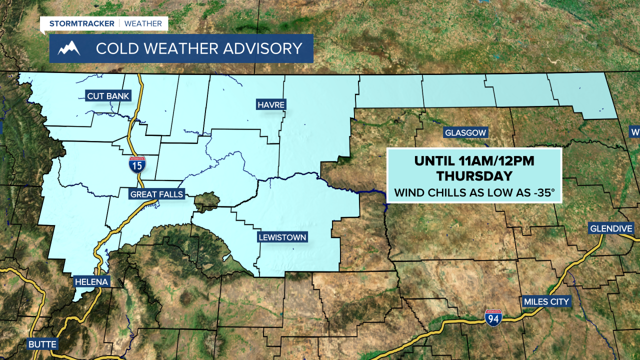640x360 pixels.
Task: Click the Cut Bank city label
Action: point(108,96)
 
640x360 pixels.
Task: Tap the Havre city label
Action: point(271,104)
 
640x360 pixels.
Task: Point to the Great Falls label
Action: point(157,194)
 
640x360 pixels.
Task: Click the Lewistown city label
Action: point(282,237)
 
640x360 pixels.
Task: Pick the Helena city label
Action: point(91,282)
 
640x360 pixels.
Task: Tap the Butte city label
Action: point(42,344)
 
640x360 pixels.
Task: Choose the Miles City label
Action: point(546,301)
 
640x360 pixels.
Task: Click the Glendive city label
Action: point(611,228)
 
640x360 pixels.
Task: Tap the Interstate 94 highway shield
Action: point(493,317)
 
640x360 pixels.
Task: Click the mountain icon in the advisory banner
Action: point(69,48)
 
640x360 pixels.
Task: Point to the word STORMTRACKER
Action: point(82,23)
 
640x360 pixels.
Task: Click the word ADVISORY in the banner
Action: point(260,48)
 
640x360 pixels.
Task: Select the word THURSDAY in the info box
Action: point(474,176)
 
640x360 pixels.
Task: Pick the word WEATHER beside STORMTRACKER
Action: point(143,23)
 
